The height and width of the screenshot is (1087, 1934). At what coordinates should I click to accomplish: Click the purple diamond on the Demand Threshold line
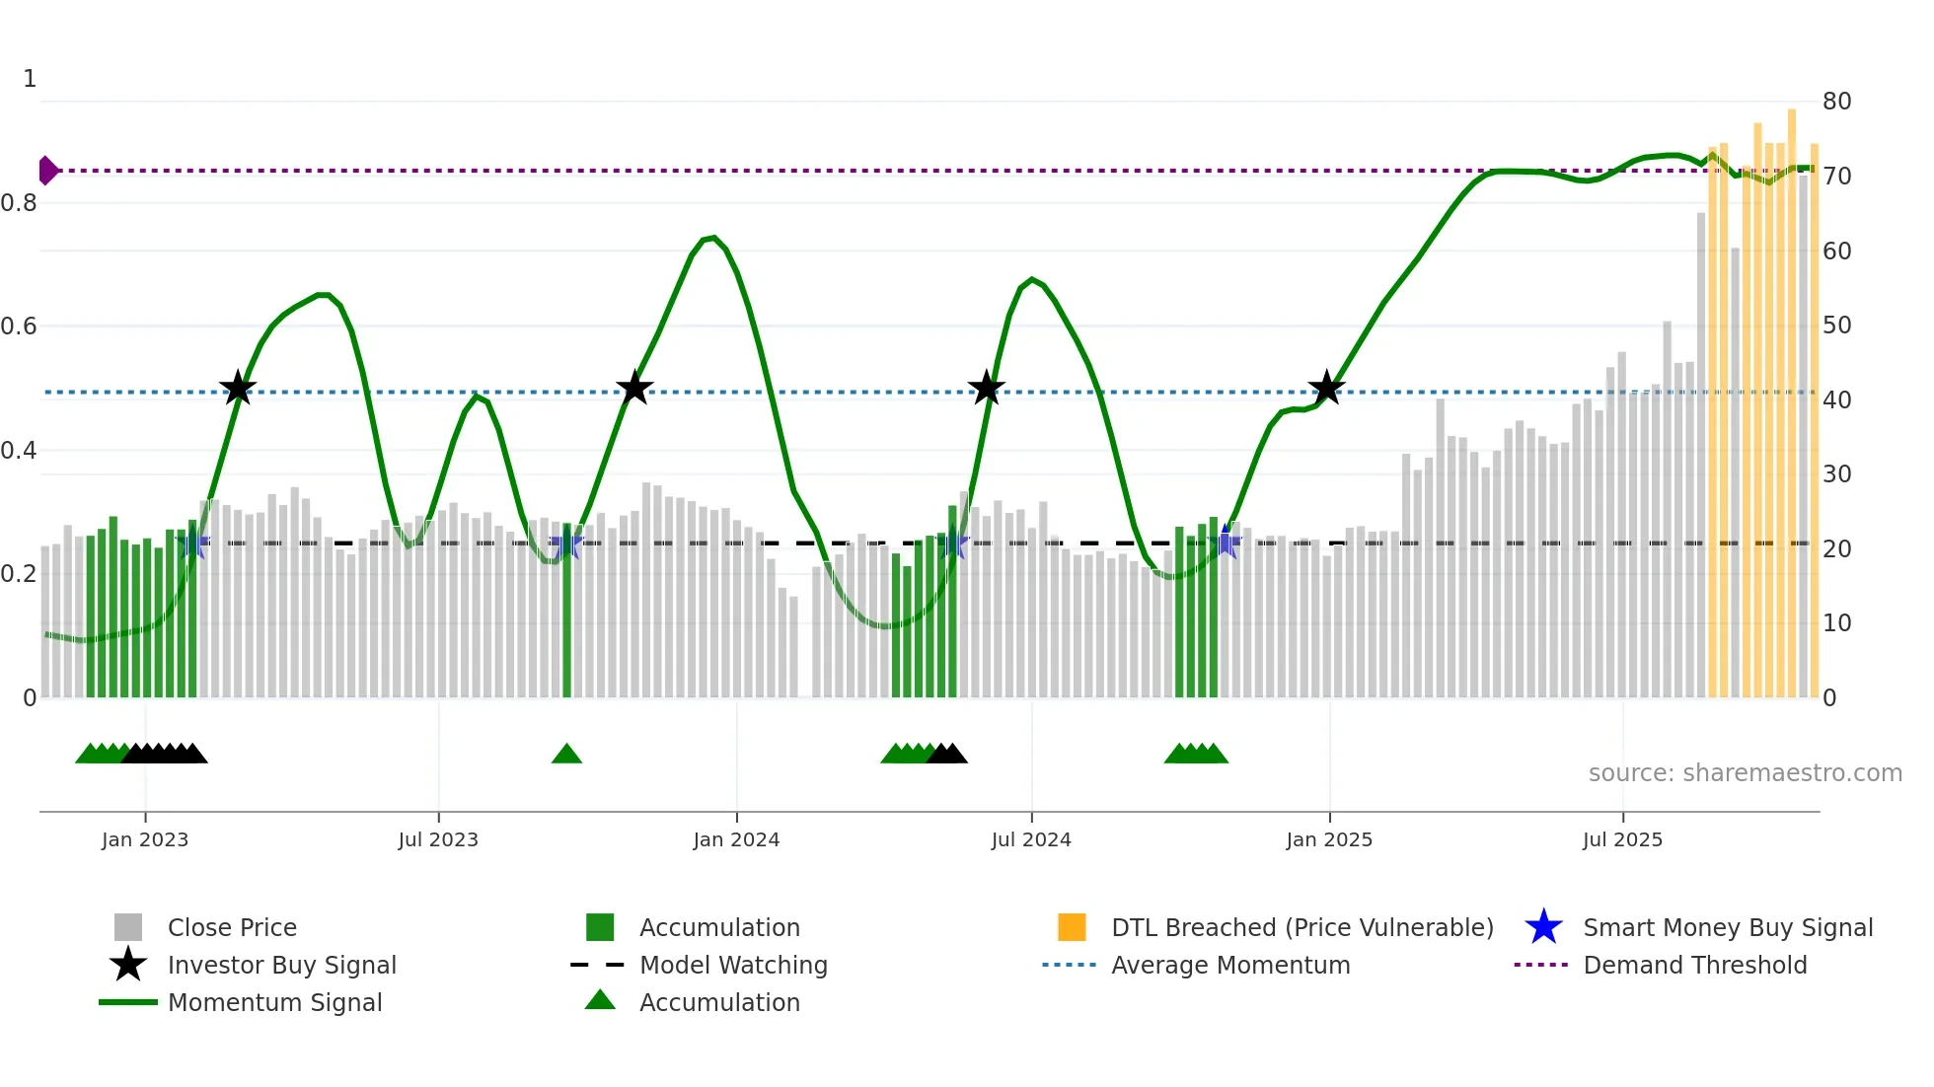tap(47, 171)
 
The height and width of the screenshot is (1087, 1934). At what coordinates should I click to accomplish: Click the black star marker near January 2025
tap(1326, 388)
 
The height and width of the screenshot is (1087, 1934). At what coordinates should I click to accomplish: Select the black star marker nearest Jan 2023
tap(237, 388)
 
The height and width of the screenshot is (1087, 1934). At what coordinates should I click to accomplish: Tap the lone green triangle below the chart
tap(566, 755)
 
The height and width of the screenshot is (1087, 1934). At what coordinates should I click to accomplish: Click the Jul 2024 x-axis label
tap(1031, 839)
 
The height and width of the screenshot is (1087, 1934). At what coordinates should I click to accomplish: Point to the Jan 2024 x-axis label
tap(736, 839)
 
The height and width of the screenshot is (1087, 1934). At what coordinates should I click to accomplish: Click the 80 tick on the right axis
tap(1836, 101)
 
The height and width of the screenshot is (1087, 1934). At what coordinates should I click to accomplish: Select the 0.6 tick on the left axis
tap(19, 326)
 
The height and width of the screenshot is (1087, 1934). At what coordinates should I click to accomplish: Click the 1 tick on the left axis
tap(30, 79)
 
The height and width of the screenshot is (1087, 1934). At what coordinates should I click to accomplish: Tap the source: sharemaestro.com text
tap(1745, 772)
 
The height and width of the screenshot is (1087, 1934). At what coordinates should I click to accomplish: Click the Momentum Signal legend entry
tap(274, 1002)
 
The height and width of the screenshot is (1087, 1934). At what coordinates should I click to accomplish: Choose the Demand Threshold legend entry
tap(1694, 965)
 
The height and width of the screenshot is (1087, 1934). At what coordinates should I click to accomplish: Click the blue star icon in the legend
tap(1543, 927)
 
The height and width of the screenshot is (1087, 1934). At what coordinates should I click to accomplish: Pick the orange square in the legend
tap(1072, 927)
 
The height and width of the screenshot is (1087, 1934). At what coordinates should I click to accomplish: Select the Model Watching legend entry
tap(732, 965)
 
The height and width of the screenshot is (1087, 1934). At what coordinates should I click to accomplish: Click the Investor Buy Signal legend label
tap(281, 965)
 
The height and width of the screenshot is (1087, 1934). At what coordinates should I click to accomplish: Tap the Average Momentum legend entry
tap(1229, 965)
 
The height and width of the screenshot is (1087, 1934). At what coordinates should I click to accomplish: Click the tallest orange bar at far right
tap(1792, 395)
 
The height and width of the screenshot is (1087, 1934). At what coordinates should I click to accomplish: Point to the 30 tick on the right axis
tap(1836, 474)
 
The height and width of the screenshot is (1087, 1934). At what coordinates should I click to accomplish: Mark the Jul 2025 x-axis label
tap(1622, 839)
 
